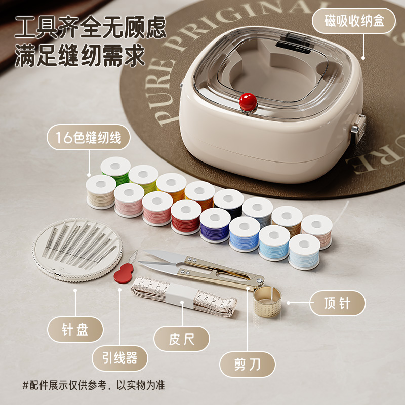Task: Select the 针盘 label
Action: [75, 330]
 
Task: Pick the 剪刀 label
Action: [248, 364]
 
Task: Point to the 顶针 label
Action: [337, 303]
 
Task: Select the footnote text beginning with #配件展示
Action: [93, 385]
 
